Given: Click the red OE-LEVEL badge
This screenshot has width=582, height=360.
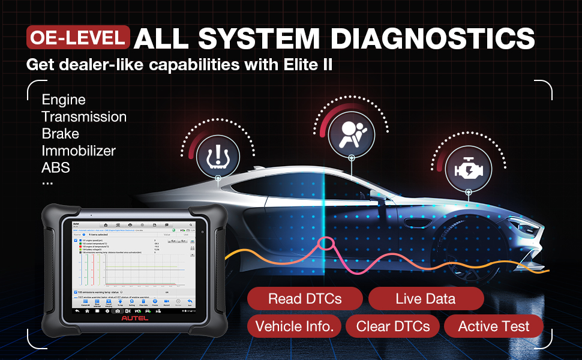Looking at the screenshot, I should point(78,38).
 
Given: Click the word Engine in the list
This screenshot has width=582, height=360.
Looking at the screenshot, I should point(64,100).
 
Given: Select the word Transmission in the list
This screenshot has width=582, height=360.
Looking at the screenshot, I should point(84,116).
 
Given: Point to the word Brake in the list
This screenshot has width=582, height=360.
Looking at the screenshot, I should point(60,133).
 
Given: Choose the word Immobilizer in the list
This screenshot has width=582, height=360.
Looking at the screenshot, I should point(79,150).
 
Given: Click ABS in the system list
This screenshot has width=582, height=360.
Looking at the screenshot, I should point(56,167).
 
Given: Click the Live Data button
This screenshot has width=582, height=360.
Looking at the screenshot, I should point(425,299).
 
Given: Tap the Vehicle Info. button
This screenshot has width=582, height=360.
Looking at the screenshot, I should point(294,326).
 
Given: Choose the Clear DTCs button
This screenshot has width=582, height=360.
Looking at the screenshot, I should point(393,326).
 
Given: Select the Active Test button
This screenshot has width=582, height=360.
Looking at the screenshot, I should point(494,326).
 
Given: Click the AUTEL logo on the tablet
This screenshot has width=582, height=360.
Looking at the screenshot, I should point(134,318).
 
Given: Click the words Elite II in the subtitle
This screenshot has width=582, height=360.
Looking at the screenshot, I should point(305,64).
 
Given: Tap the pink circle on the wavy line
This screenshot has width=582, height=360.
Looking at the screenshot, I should point(327,244).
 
